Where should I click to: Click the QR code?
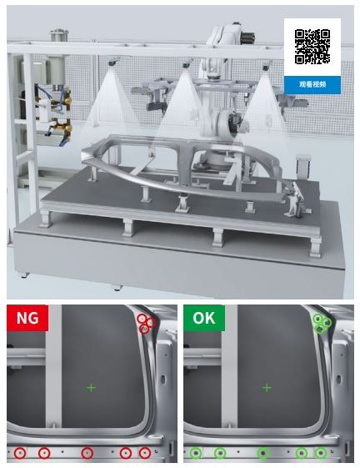coord(312,47)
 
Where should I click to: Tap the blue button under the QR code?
coord(312,85)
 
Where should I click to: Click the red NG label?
coord(27,318)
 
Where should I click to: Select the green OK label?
coord(204,318)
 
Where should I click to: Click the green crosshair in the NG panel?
coord(92,388)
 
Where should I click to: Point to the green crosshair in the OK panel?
coord(267,388)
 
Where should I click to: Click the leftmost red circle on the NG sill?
coord(20,453)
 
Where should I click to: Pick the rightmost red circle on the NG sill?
coord(145,453)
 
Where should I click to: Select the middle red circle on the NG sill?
coord(87,453)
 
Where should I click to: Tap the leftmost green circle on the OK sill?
coord(196,453)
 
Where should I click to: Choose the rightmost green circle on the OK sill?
coord(321,453)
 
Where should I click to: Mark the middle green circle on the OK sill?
coord(263,453)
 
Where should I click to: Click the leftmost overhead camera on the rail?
coord(113,62)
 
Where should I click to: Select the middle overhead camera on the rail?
coord(187,64)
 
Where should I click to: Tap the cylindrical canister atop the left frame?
coord(59,35)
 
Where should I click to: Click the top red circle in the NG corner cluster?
coord(142,319)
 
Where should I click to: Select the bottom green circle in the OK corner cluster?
coord(320,330)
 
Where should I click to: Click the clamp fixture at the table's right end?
coord(294,200)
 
